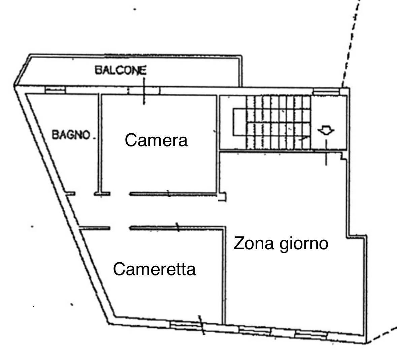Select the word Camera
point(156,140)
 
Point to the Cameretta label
point(154,269)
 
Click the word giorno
point(303,244)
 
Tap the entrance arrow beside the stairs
point(326,130)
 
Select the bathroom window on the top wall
point(55,90)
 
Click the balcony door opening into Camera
point(144,90)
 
